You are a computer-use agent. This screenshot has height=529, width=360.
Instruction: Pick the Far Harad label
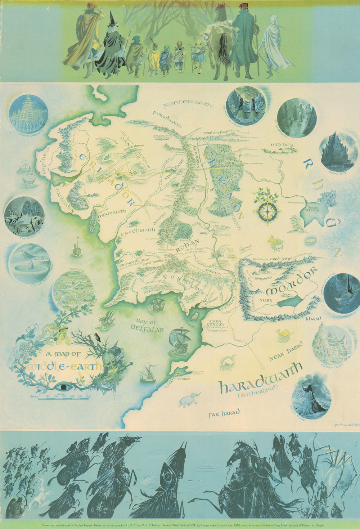[224, 413]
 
